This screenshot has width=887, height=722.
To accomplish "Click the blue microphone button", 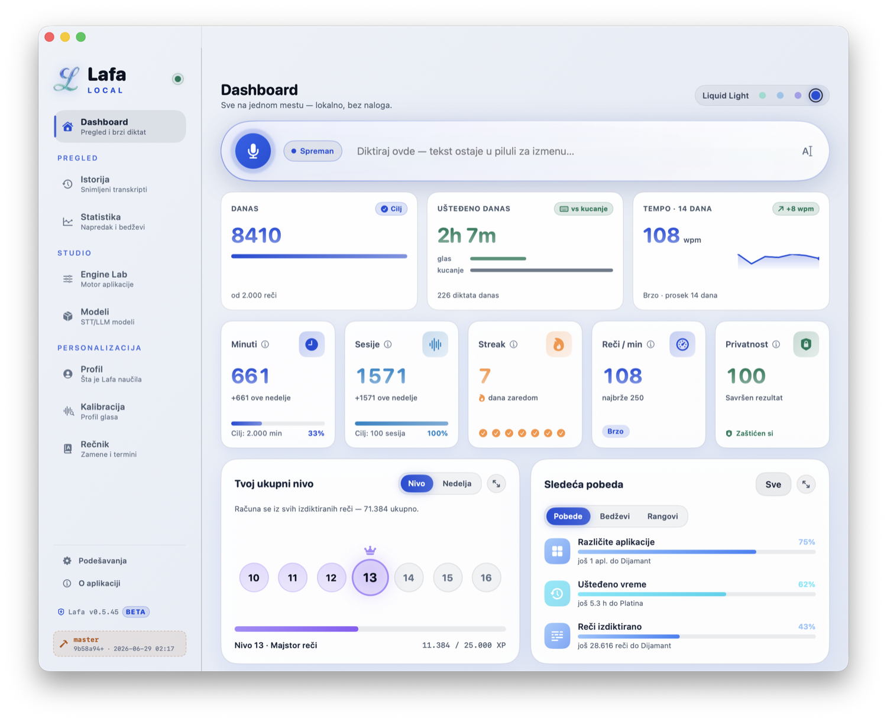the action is point(252,151).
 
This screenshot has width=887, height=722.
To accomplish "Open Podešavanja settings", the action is point(102,561).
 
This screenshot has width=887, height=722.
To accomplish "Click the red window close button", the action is point(49,37).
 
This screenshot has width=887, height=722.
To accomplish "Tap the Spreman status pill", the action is point(313,151).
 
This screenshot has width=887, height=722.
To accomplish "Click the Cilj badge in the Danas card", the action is point(391,209).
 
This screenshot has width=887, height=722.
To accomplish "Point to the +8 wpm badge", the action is point(795,209).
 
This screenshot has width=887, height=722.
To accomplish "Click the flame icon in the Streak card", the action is point(558,344).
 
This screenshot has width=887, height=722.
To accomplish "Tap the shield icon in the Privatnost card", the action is point(805,344).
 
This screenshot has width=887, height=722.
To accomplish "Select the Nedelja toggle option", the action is point(457,483).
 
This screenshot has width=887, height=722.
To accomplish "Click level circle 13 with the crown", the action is point(370,578).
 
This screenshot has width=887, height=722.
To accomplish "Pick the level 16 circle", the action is point(485,578).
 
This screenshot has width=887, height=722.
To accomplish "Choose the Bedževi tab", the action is point(614,516).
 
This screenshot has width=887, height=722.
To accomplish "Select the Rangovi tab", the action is point(662,516).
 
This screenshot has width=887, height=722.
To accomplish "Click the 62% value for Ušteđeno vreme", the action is point(806,584).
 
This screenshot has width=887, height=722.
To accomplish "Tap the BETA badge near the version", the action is point(135,612).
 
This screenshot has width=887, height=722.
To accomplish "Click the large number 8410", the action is point(256,235).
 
